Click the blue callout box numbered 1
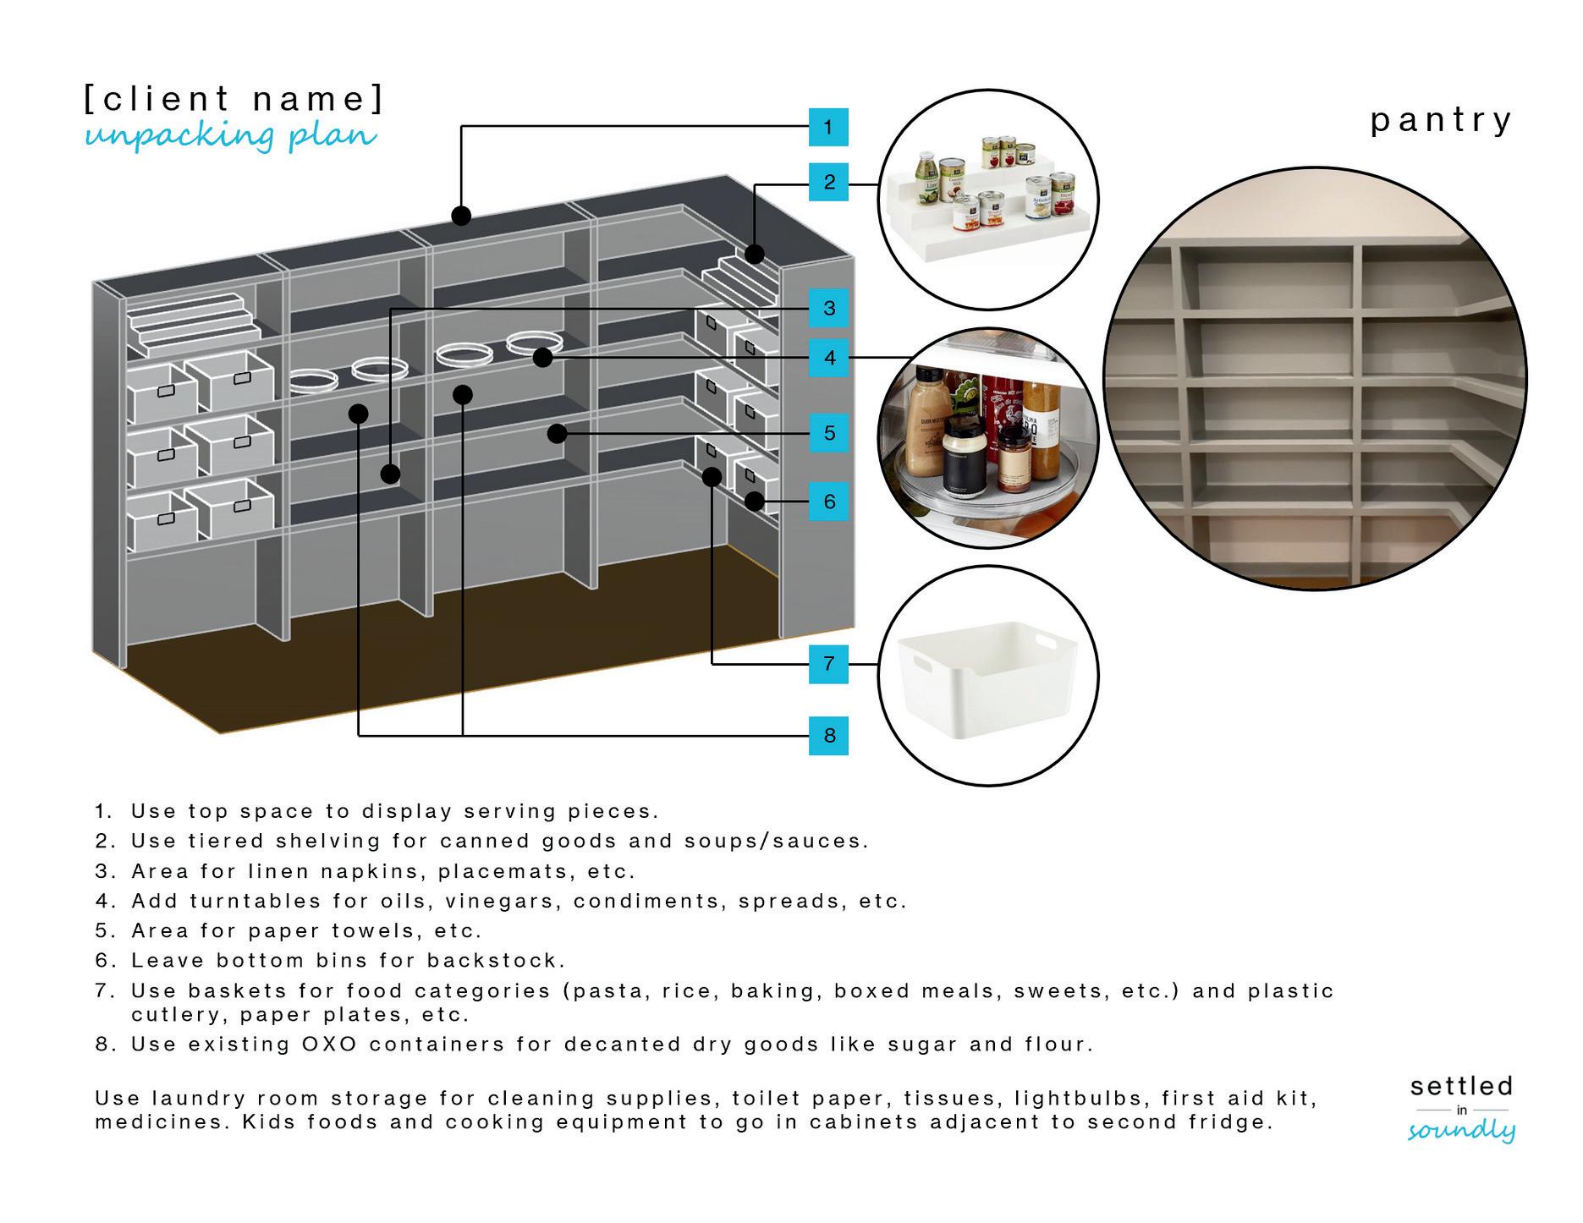(x=827, y=128)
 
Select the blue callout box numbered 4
(x=828, y=358)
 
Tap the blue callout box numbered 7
(x=828, y=663)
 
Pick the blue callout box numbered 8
(x=828, y=735)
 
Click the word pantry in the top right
(x=1440, y=120)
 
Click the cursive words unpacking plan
(x=230, y=136)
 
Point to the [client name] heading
(x=234, y=99)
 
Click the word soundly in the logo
(x=1461, y=1131)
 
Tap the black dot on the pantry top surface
(x=461, y=216)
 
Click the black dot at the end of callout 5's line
(x=557, y=434)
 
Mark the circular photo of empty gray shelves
(x=1315, y=377)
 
